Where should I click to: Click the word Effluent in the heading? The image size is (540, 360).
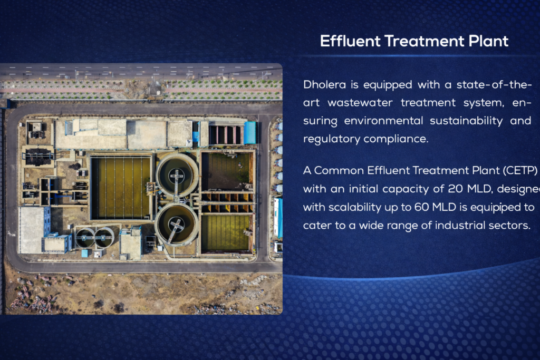pos(350,41)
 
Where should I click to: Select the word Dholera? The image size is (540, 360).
pos(324,84)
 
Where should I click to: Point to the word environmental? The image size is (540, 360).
pos(383,121)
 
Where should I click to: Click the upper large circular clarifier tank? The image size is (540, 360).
pos(177,175)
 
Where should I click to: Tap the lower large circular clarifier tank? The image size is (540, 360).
pos(177,224)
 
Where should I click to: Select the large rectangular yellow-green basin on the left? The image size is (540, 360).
pos(121,188)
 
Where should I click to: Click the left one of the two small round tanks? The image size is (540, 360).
pos(85,237)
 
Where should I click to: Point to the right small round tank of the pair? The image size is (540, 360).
pos(104,237)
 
